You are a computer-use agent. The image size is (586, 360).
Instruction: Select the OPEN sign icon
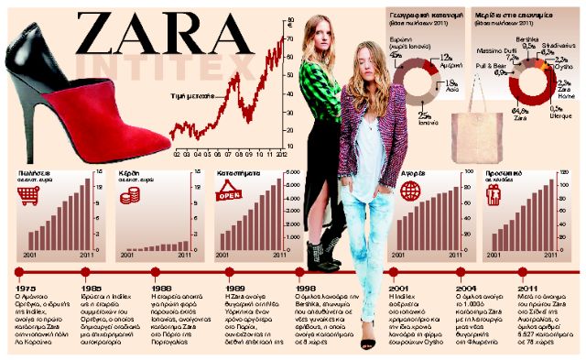pos(228,192)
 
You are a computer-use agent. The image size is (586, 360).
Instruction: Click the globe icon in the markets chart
pos(411,191)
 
